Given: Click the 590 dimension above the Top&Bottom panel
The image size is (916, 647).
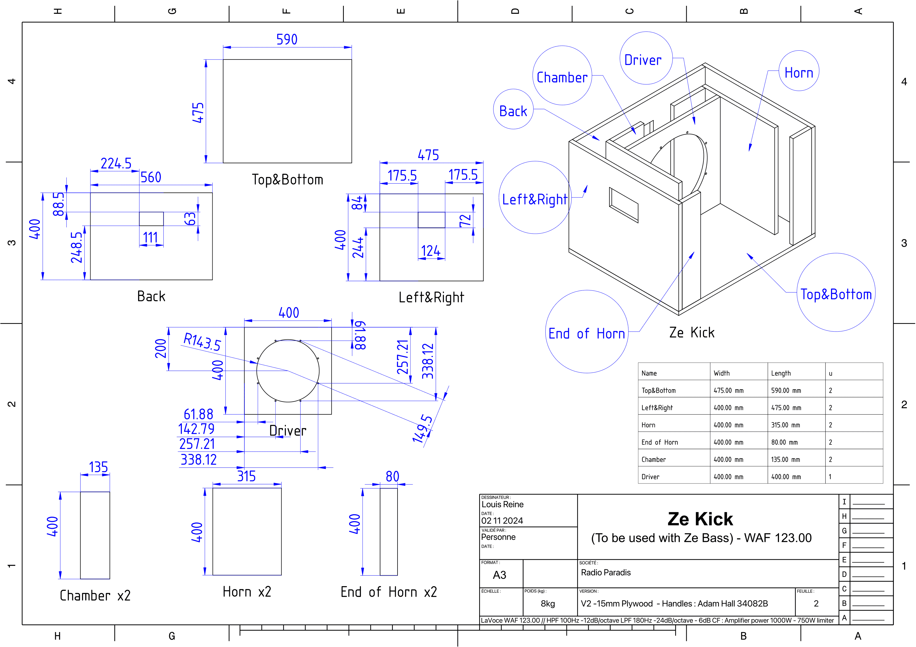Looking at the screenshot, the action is pos(287,39).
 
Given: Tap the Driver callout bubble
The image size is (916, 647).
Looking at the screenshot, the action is pos(646,58).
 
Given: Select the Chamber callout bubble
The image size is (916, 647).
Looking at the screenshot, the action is pos(562,75).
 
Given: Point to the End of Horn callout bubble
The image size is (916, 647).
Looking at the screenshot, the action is pos(587,332).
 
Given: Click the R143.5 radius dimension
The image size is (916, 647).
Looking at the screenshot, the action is pos(202,342).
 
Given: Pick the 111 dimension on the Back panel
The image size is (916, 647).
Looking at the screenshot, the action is pos(150,238).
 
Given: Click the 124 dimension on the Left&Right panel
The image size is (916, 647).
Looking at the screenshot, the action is pos(431,251).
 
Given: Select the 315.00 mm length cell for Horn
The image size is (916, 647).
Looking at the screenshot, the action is pos(785,425).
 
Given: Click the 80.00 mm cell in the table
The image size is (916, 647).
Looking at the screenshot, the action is pos(784,442).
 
